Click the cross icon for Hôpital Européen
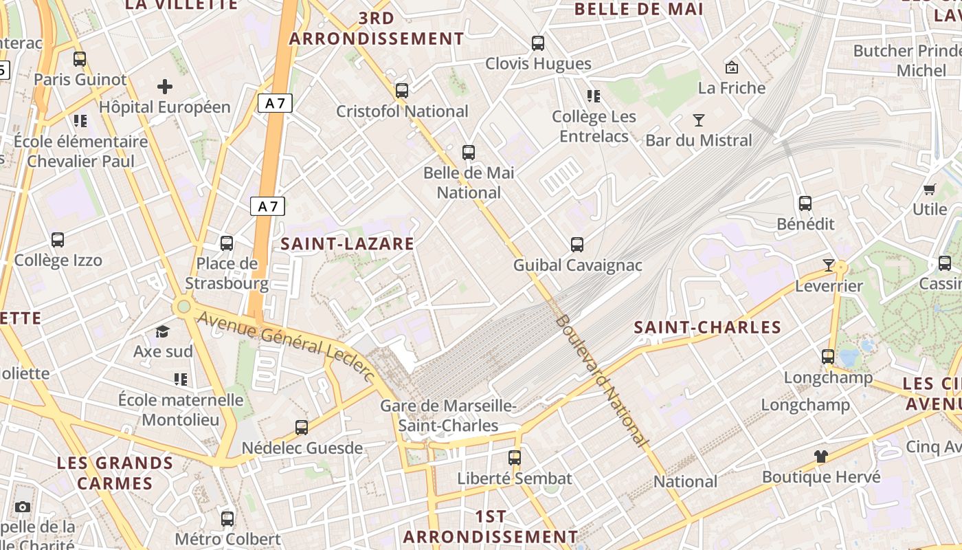tap(165, 87)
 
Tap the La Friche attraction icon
tap(732, 67)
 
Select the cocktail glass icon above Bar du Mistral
tap(699, 120)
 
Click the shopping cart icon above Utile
tap(930, 189)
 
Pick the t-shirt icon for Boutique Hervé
tap(820, 456)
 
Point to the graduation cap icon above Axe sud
tap(162, 332)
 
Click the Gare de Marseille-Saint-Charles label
tap(448, 416)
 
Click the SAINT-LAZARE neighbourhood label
tap(348, 243)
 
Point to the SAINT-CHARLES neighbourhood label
tap(708, 327)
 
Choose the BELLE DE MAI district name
tap(639, 9)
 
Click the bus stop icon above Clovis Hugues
tap(538, 43)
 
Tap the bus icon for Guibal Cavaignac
tap(577, 244)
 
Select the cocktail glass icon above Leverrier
tap(828, 265)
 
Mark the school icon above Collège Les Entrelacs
tap(593, 96)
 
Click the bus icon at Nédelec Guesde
tap(302, 428)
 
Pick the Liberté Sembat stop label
tap(515, 478)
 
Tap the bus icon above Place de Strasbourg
tap(227, 243)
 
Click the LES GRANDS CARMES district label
tap(115, 472)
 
